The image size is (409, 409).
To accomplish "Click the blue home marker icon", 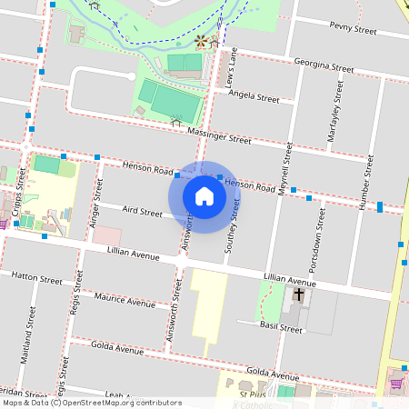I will click(x=204, y=195).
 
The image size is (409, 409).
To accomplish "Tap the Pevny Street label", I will click(x=353, y=30).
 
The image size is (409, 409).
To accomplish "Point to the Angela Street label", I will click(x=254, y=96).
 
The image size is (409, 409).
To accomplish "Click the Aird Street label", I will click(x=142, y=213).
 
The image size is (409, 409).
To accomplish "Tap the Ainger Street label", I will click(x=95, y=205).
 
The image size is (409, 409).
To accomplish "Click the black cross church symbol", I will click(x=298, y=294).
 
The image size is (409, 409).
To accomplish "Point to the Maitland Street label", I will click(x=32, y=332).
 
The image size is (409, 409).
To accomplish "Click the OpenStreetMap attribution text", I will click(x=92, y=403).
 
